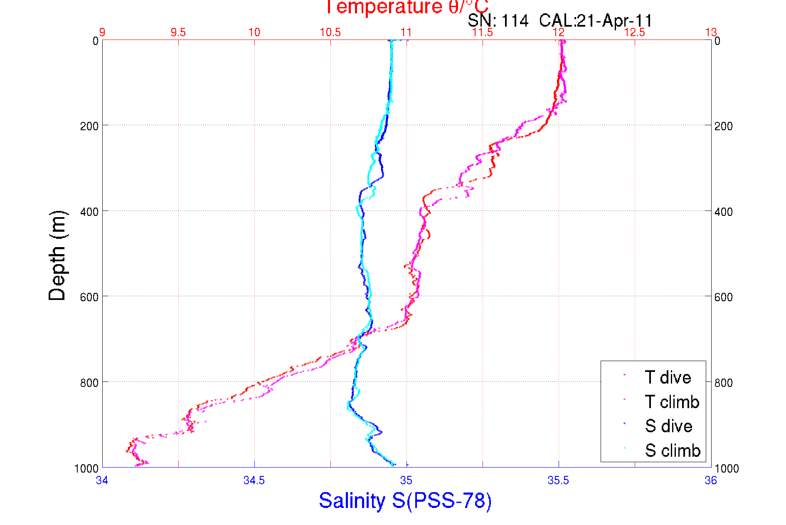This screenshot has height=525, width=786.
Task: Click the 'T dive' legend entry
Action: (x=668, y=377)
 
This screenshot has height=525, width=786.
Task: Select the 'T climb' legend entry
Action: (x=672, y=402)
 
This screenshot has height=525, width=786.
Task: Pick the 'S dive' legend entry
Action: (x=668, y=426)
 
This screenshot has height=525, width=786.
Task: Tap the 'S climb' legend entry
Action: (x=673, y=451)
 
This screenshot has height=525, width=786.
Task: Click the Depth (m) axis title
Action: (x=57, y=255)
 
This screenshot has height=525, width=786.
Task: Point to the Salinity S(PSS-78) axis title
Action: (x=405, y=500)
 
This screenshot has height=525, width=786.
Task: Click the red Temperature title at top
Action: (x=406, y=7)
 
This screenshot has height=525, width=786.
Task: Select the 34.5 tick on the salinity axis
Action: (x=254, y=480)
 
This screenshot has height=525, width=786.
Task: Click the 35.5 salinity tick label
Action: (x=558, y=480)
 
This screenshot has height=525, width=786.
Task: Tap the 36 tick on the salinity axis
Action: (x=710, y=480)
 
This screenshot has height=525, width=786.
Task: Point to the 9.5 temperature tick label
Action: (x=178, y=32)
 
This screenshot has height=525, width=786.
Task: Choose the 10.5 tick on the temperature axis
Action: (x=330, y=32)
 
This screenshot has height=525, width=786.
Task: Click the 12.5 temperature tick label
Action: (x=635, y=32)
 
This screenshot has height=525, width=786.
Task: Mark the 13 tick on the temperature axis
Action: (x=711, y=32)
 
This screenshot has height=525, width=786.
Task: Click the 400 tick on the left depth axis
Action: (x=89, y=212)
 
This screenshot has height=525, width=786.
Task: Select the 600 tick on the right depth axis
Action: (x=724, y=297)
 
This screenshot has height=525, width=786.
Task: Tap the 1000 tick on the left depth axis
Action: (x=86, y=469)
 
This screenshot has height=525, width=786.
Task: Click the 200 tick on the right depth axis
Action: (x=724, y=126)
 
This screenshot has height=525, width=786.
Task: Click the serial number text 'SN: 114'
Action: (x=498, y=21)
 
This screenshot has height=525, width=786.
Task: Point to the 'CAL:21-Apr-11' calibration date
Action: (x=596, y=21)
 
